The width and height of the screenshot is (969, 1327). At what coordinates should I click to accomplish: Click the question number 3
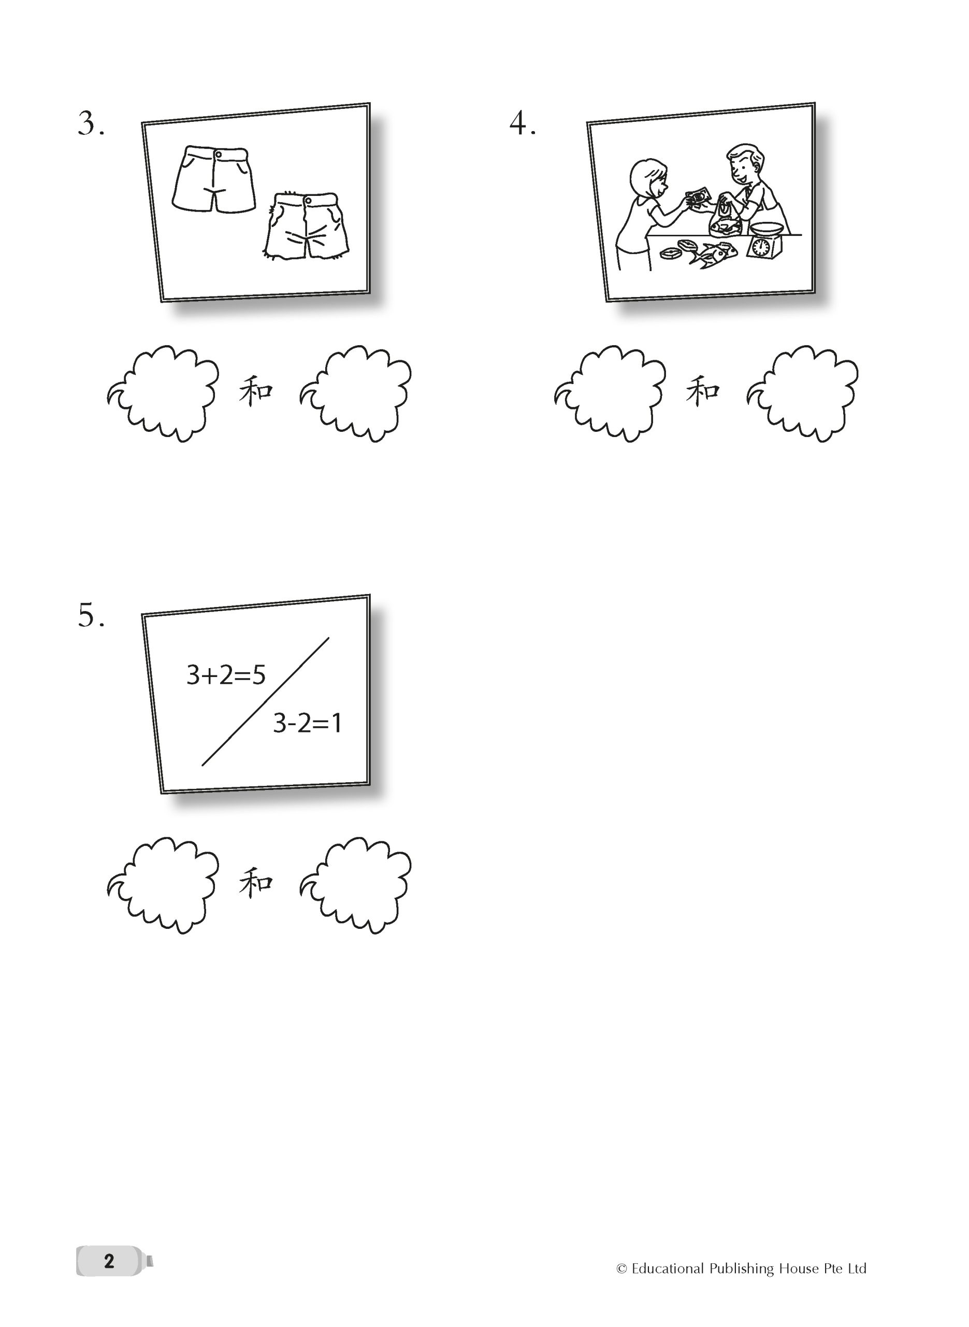91,124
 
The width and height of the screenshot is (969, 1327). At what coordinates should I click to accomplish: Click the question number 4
523,124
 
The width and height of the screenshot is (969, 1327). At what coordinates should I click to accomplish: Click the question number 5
91,616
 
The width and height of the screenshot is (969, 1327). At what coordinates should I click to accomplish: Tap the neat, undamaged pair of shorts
214,179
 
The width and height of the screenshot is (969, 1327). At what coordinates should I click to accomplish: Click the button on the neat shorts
218,154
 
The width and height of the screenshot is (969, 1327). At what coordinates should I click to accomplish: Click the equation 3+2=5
226,675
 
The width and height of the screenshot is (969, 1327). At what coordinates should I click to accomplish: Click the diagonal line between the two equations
266,701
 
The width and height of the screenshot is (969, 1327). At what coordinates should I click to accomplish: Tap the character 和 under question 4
703,391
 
